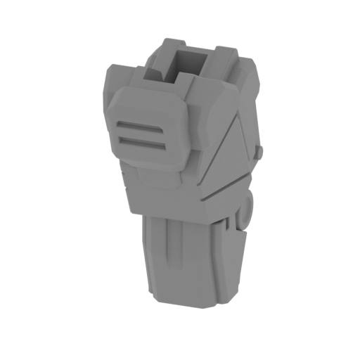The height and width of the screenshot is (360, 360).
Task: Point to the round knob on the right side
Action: pos(247,210)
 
